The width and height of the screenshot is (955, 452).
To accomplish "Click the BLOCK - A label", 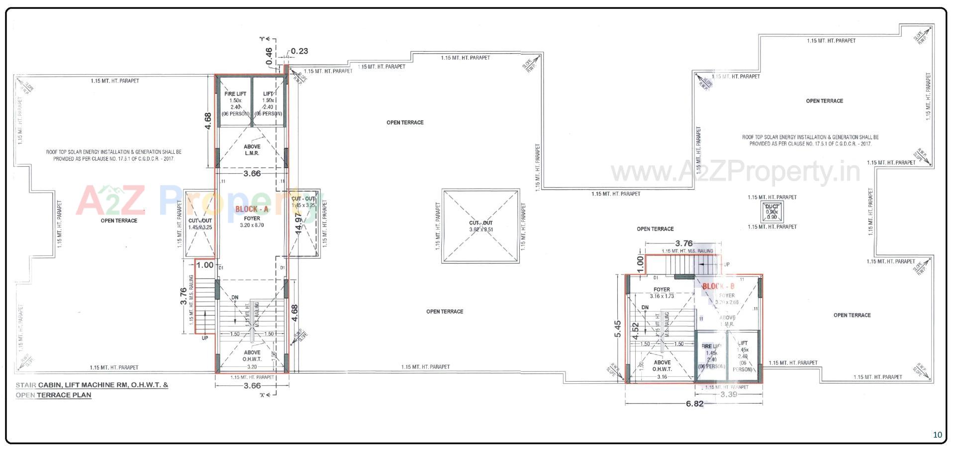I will [252, 209].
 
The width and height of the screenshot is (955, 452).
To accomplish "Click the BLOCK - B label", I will [718, 286].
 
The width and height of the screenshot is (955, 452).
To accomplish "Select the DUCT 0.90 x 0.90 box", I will [771, 212].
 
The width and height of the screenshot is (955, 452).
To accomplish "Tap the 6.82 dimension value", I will [694, 404].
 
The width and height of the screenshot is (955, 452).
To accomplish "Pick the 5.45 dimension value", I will [618, 329].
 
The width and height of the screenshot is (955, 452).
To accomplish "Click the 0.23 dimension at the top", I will [299, 51].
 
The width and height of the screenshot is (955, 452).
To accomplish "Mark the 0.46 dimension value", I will [269, 56].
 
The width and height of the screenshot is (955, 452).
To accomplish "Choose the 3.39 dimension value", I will [729, 394].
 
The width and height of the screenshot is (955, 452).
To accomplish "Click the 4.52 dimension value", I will [635, 331].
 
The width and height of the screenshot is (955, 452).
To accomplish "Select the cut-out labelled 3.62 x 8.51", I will [480, 226].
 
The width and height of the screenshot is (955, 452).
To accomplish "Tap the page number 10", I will [937, 435].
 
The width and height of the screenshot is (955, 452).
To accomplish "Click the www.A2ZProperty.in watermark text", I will [735, 172].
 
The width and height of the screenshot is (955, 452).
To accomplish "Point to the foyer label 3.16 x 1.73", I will [662, 293].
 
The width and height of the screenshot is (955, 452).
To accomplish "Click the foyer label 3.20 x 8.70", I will [252, 222].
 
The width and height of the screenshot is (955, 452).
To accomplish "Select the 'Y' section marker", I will [263, 38].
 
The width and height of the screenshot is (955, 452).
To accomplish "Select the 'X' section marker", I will [263, 395].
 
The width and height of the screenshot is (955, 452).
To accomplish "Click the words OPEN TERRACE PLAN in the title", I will [54, 395].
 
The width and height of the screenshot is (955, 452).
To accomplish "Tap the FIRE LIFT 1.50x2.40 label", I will [235, 104].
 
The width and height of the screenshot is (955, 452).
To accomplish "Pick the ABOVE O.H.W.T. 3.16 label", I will [662, 369].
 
